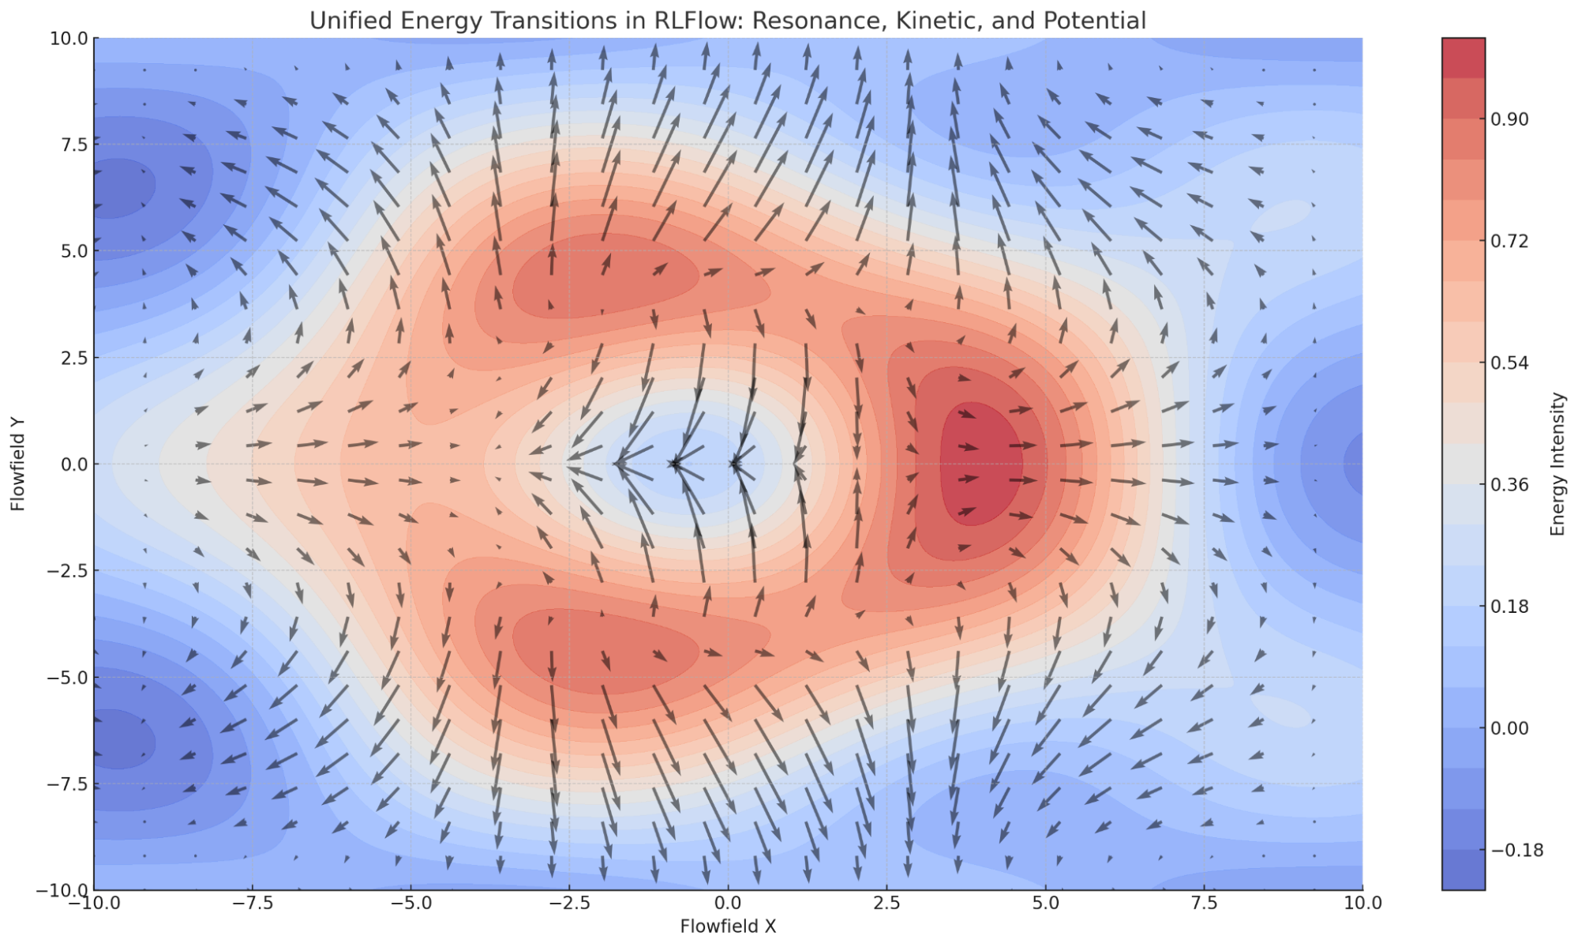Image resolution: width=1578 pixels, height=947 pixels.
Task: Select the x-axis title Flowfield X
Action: tap(728, 926)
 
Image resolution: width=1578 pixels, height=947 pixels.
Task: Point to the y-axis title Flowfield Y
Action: tap(18, 464)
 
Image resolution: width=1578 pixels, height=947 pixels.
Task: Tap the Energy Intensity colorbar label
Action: tap(1557, 464)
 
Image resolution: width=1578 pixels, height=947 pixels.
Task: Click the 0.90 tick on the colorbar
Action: tap(1509, 119)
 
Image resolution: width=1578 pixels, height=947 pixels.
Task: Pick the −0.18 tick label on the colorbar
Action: tap(1516, 850)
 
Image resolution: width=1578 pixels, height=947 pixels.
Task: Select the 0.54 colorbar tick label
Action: tap(1509, 363)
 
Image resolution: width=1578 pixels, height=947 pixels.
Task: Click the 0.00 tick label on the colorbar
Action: tap(1509, 728)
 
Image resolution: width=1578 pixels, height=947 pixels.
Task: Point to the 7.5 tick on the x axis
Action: tap(1204, 903)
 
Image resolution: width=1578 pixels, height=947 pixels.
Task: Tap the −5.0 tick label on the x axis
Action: tap(410, 903)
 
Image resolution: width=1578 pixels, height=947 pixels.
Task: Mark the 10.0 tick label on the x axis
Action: tap(1362, 903)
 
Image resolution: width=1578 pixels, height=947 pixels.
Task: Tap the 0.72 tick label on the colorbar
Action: tap(1509, 241)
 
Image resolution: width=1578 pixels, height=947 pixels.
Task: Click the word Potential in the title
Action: tap(1094, 21)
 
